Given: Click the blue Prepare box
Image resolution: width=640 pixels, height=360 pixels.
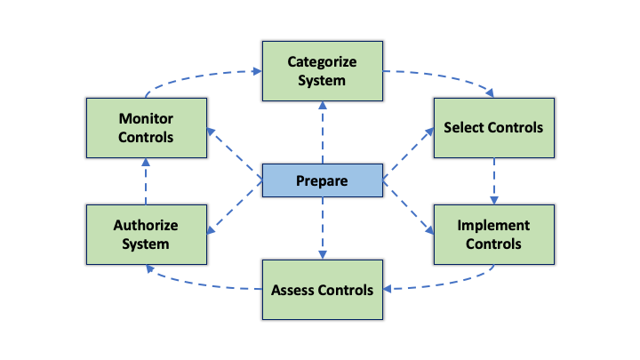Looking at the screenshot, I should click(x=321, y=181).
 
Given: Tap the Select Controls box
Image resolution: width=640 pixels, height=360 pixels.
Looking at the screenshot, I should click(x=493, y=127).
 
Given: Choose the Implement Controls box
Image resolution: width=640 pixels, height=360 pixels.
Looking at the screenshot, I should click(x=493, y=234).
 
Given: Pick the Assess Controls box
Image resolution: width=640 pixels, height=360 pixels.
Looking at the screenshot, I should click(x=321, y=289).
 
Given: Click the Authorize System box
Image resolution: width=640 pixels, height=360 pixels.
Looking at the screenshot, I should click(x=146, y=234).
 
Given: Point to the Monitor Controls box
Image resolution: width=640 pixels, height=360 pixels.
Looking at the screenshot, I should click(x=146, y=127).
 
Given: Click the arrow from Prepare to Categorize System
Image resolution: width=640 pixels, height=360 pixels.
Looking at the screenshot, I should click(x=321, y=133).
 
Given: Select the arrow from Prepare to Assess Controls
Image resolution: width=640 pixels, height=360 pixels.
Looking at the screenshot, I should click(x=321, y=228).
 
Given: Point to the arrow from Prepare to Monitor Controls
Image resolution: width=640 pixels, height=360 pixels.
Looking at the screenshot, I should click(x=235, y=156).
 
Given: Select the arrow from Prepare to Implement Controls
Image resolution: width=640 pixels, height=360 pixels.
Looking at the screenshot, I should click(x=409, y=208).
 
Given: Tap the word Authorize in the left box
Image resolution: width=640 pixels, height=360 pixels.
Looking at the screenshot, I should click(x=146, y=226).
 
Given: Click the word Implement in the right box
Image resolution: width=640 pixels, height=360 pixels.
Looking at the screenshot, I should click(x=493, y=226).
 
